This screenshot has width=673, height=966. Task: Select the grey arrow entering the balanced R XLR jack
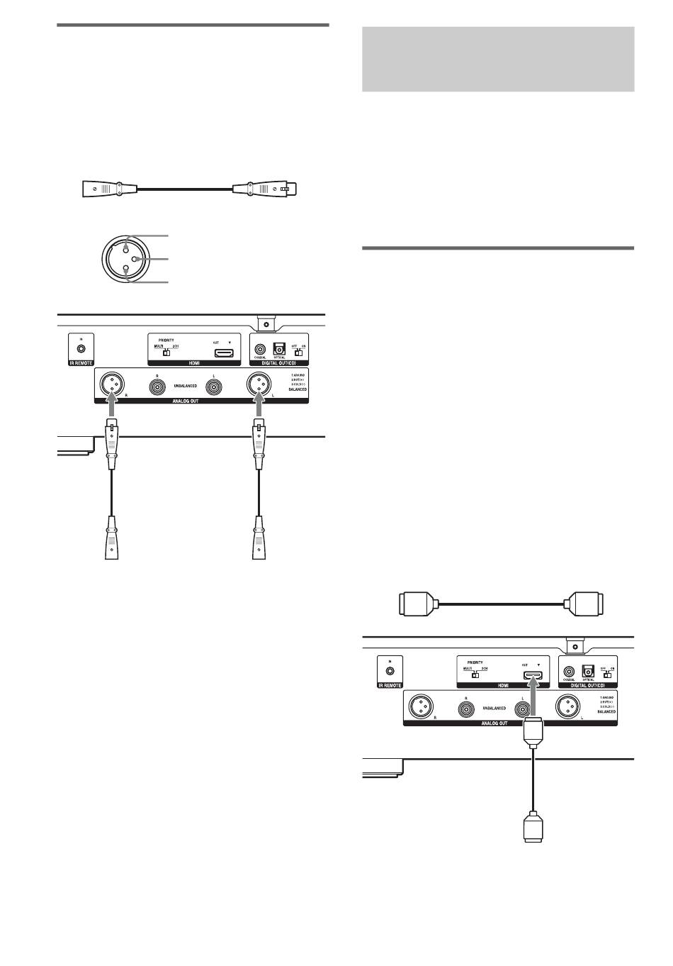(x=111, y=409)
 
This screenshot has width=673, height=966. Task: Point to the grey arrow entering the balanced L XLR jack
(x=258, y=409)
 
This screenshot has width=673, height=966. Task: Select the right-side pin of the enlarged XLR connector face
(x=135, y=260)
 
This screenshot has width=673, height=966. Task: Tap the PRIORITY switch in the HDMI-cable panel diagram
(x=475, y=674)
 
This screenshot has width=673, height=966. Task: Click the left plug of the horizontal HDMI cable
(x=414, y=604)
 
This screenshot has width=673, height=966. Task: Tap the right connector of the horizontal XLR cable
(x=266, y=189)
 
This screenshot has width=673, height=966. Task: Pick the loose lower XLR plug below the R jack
(x=111, y=538)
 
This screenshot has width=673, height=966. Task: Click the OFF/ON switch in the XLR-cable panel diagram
(x=298, y=352)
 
